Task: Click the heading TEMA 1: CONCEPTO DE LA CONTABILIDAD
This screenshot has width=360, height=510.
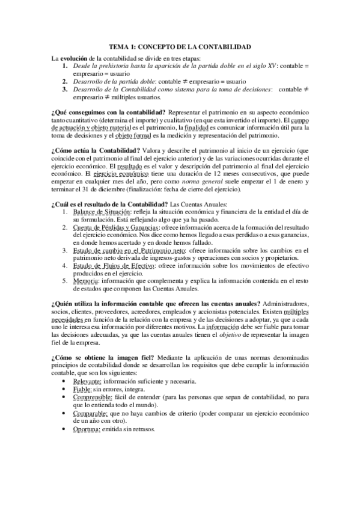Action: click(x=180, y=46)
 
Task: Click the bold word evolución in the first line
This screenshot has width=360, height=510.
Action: click(x=76, y=58)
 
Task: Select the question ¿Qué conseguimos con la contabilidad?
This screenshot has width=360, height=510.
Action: click(x=109, y=113)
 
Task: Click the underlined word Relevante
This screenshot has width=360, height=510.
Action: click(x=88, y=381)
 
